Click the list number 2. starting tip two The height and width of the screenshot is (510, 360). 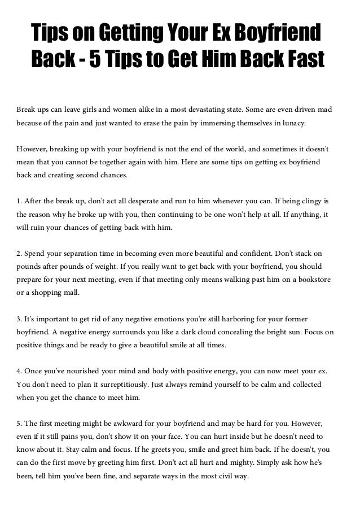click(x=20, y=252)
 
